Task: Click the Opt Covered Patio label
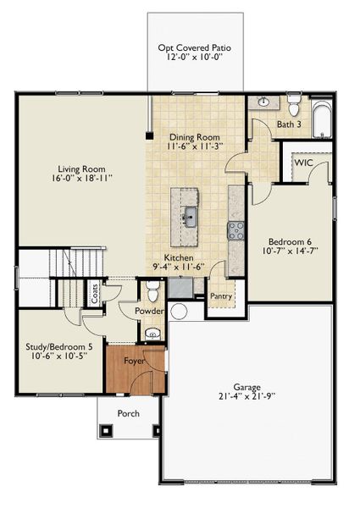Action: (x=194, y=48)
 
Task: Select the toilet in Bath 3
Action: (x=294, y=108)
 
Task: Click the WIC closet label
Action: (x=303, y=163)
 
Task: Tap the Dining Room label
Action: (x=195, y=137)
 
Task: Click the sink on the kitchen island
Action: (x=189, y=214)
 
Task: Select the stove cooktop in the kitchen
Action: (x=235, y=229)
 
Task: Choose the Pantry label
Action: (x=220, y=296)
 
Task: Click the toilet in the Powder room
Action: (x=152, y=292)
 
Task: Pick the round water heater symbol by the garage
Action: (x=178, y=312)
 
